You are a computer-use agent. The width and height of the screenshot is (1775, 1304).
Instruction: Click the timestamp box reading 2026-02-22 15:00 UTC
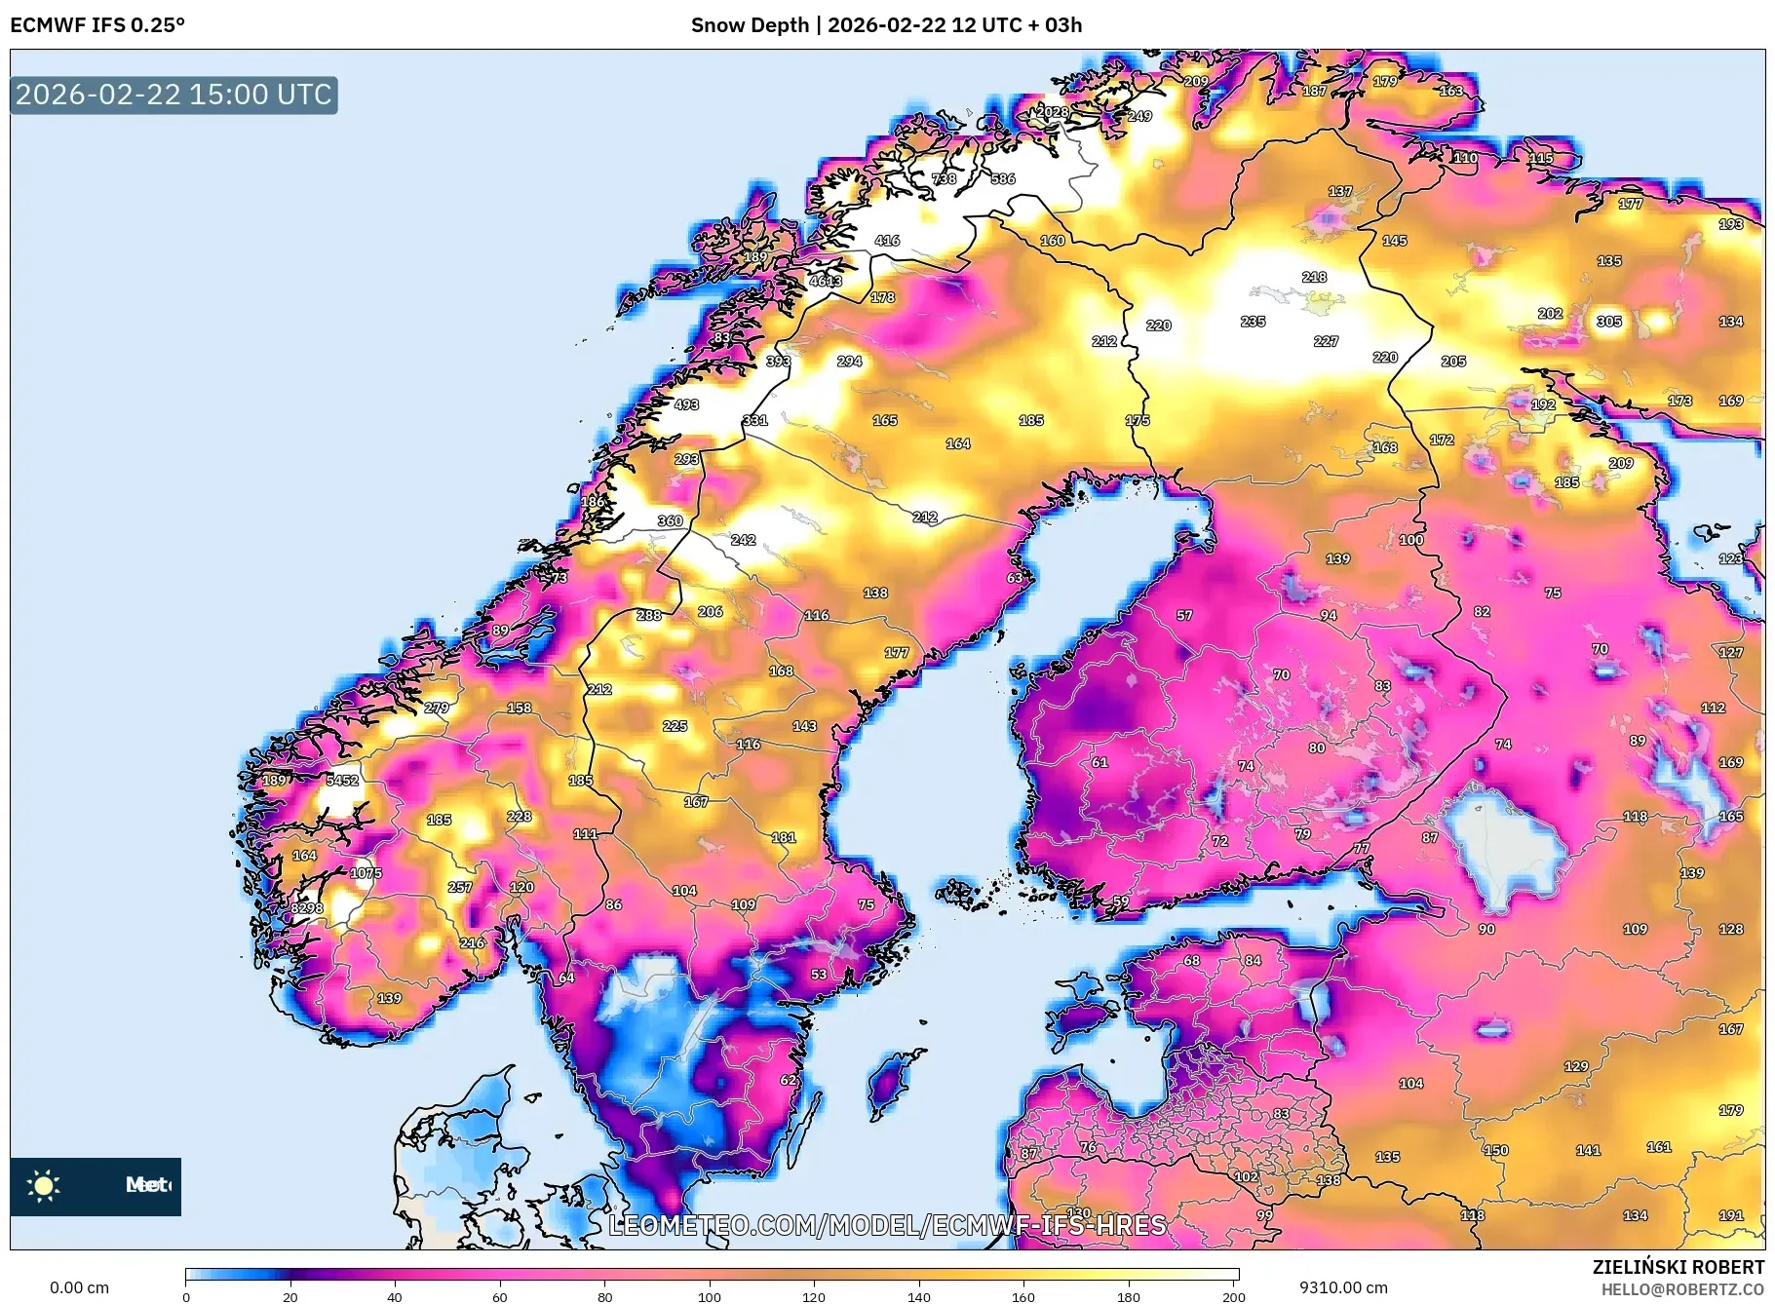174,95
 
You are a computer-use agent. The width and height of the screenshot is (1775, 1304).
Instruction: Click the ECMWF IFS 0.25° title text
97,25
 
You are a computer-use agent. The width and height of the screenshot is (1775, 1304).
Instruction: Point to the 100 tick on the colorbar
710,1296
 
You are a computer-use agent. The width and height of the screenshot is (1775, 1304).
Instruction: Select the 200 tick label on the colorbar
1233,1296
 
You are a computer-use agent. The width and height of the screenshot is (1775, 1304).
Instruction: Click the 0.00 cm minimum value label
79,1287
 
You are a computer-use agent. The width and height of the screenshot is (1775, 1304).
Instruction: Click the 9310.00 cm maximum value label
1342,1287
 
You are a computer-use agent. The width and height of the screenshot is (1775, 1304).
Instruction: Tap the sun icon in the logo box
44,1185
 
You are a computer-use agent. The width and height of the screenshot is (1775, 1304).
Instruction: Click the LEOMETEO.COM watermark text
886,1225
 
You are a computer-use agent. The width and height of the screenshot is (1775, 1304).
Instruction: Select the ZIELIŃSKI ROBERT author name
1678,1267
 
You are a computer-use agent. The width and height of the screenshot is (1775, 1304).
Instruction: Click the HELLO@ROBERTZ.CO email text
1681,1289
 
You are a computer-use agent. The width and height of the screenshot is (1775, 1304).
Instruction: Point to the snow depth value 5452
342,780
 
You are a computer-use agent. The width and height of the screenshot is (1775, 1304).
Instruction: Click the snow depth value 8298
307,907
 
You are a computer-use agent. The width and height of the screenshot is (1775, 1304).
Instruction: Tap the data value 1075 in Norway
367,872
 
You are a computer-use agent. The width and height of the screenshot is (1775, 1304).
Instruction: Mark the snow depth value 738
944,178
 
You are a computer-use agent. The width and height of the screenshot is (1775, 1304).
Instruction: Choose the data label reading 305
1608,321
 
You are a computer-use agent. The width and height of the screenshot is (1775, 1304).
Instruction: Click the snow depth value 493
686,403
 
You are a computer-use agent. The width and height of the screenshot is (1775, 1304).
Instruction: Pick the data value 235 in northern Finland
1253,321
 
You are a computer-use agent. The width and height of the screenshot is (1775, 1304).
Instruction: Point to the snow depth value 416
887,240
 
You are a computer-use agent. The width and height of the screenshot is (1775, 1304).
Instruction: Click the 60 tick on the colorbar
499,1296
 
